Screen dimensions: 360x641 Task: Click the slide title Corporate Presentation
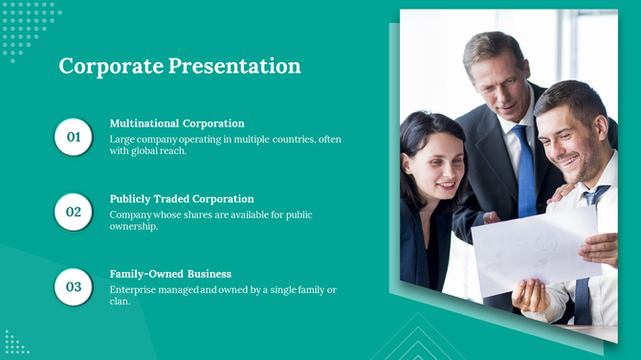click(x=180, y=66)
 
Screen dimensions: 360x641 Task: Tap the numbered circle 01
click(x=74, y=138)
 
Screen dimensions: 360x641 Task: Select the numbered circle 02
click(x=74, y=212)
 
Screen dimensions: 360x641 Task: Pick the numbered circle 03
click(x=74, y=286)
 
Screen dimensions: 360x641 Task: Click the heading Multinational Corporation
click(x=177, y=124)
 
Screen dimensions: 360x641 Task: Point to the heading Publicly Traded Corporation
click(x=182, y=198)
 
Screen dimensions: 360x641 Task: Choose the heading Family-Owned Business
click(x=170, y=273)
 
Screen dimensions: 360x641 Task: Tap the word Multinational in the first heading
click(x=144, y=124)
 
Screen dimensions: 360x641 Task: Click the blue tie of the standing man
click(x=525, y=172)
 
